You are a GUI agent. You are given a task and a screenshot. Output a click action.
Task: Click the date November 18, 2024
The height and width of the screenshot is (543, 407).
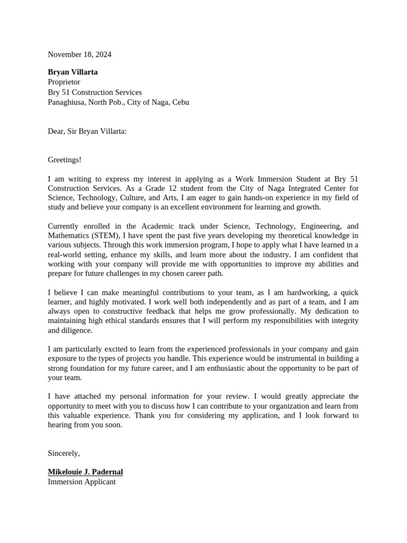79,54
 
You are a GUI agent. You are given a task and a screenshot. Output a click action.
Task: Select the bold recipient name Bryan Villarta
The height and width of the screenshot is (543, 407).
73,72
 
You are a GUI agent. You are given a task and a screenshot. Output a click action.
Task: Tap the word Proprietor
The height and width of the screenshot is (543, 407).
64,82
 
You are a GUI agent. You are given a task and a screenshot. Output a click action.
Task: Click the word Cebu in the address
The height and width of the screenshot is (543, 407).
180,102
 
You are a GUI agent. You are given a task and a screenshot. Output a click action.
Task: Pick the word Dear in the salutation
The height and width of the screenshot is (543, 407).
56,131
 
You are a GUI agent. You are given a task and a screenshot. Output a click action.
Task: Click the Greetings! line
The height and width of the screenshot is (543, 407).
65,160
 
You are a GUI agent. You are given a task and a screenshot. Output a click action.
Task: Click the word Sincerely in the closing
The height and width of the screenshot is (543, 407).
63,453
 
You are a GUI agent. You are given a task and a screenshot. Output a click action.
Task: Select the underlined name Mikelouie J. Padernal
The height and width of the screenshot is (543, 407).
85,472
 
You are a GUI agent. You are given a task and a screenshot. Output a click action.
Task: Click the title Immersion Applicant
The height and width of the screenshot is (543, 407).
82,482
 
